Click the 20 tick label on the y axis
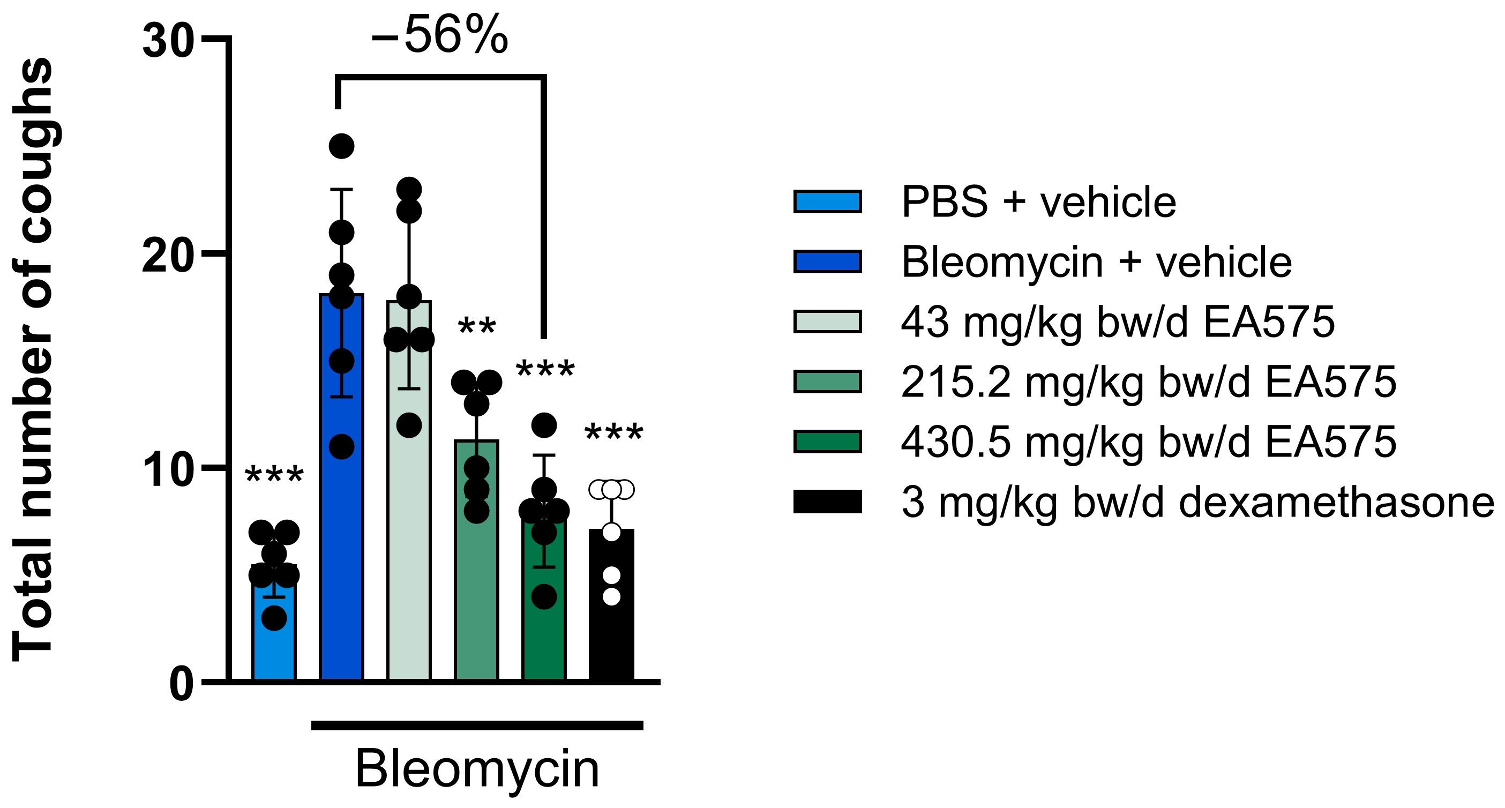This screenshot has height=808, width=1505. click(168, 256)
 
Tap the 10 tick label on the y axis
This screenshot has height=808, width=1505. click(168, 470)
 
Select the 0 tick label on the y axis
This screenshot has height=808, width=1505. click(181, 684)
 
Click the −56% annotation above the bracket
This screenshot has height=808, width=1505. click(439, 35)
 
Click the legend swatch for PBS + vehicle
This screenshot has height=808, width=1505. click(827, 201)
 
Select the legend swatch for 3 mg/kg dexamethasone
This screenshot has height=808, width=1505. click(827, 502)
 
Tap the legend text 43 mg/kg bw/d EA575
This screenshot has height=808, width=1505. click(1118, 322)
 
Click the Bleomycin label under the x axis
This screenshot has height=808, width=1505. click(477, 769)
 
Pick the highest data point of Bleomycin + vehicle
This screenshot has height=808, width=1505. click(342, 146)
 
